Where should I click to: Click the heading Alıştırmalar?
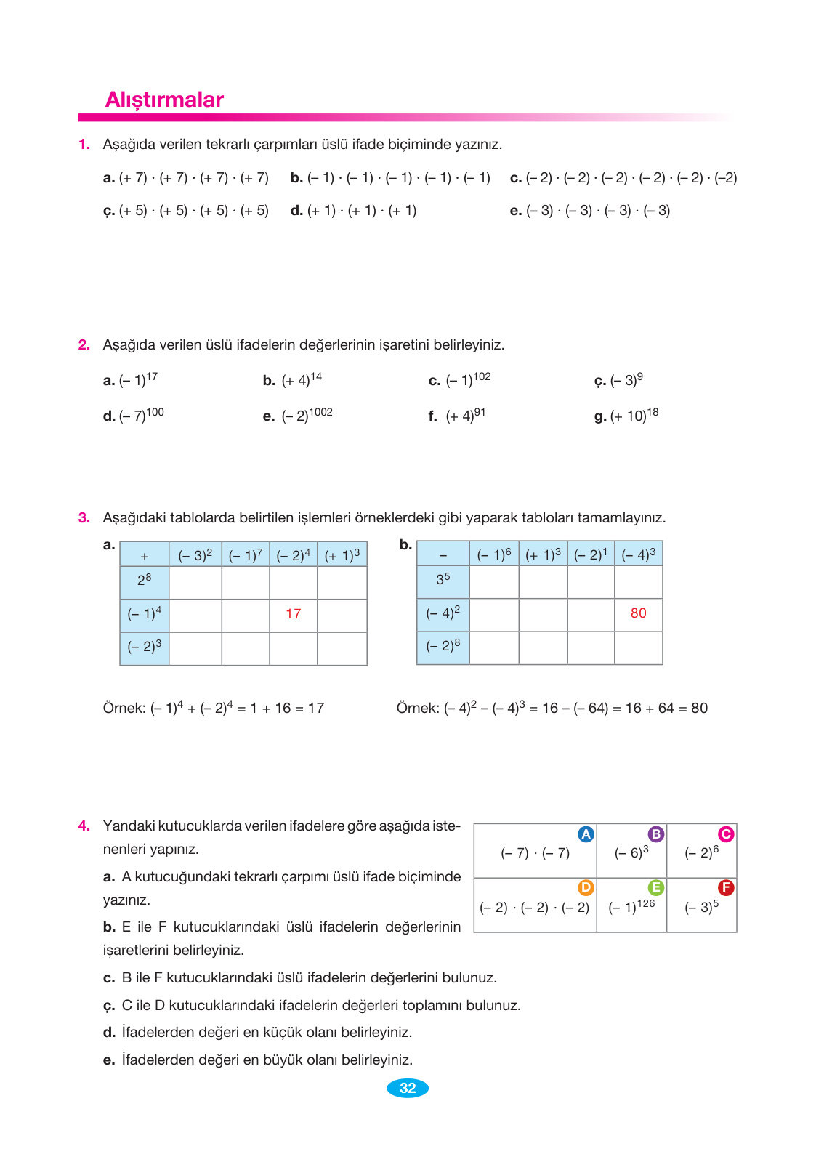164,100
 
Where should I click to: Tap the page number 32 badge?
408,1088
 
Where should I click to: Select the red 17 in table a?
293,614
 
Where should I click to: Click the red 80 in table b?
638,613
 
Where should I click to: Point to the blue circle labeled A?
586,834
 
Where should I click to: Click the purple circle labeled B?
655,834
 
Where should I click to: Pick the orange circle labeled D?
586,887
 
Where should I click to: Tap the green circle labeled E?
655,887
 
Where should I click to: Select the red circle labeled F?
725,887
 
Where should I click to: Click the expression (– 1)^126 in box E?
631,906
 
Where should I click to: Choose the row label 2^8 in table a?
145,580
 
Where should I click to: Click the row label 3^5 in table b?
443,579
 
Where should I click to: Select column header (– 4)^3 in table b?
638,554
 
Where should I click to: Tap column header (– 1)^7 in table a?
245,555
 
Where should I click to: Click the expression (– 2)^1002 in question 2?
307,415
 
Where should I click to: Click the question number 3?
84,517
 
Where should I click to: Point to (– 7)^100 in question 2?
141,415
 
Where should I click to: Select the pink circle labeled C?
725,834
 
